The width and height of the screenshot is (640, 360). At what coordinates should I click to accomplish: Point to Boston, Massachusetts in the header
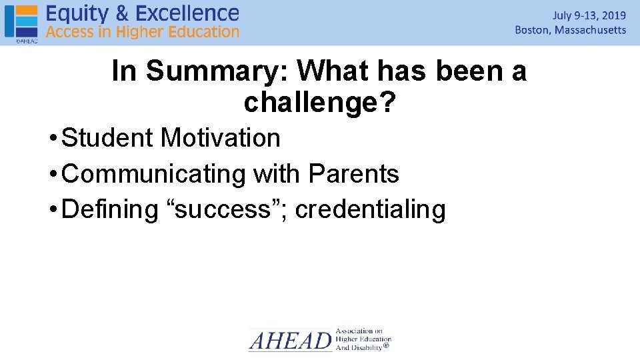570,30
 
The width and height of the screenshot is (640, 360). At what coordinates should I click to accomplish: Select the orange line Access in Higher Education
142,32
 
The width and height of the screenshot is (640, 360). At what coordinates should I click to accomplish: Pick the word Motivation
221,138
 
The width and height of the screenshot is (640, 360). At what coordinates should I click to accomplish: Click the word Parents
353,174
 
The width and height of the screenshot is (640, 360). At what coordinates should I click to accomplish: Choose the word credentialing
370,209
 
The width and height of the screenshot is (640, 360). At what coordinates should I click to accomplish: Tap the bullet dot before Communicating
53,175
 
